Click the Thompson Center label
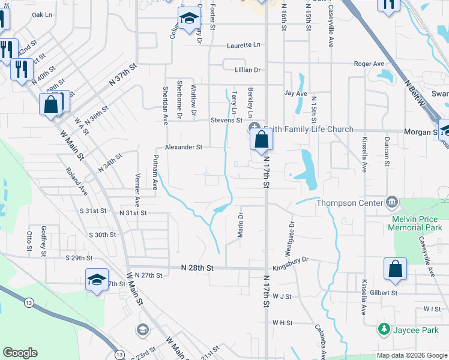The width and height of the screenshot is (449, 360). pos(349,202)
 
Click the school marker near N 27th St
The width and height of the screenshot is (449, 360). pos(96,279)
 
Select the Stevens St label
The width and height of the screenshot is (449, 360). pos(226,121)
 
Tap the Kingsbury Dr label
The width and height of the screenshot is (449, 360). pos(290,260)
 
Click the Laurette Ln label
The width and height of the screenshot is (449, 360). pos(244,45)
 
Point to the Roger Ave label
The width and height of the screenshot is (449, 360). pos(369,64)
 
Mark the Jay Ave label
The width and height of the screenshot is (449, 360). pos(295,94)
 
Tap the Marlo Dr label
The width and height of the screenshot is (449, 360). pos(240,224)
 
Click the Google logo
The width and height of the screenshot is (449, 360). pos(20,353)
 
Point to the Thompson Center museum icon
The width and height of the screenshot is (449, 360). pos(392,202)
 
